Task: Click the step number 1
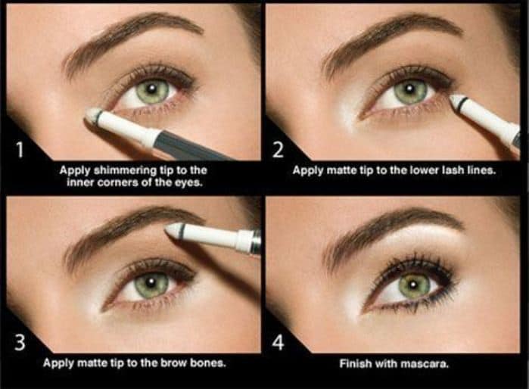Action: [x=20, y=150]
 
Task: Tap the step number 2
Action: [x=278, y=150]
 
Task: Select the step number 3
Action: [x=20, y=342]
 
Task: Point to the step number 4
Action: [x=278, y=342]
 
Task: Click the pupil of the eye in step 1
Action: [x=151, y=89]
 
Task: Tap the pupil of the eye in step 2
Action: [x=409, y=89]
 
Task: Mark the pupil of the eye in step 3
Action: [x=151, y=281]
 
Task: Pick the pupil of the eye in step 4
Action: [x=414, y=285]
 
